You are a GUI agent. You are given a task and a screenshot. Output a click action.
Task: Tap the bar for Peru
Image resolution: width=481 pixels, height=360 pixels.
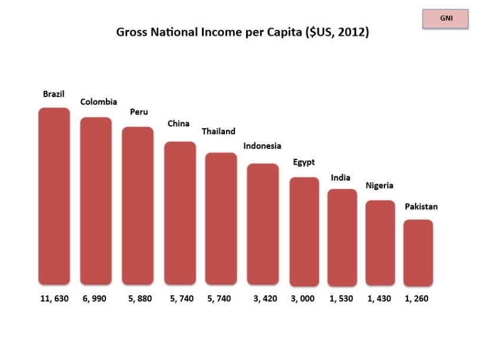tap(138, 205)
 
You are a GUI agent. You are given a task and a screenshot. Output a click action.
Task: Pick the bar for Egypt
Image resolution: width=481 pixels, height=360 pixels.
tap(304, 231)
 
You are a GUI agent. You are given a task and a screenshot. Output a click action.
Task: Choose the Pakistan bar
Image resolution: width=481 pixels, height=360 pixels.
tap(418, 252)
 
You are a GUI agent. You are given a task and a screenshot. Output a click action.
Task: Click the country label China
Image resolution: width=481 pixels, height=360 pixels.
tap(178, 124)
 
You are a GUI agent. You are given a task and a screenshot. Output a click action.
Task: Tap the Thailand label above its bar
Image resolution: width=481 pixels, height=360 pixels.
tap(218, 131)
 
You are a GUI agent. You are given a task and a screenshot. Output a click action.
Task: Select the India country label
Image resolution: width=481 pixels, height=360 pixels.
tap(340, 178)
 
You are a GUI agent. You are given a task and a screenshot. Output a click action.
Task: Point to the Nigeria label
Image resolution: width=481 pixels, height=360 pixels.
tap(379, 186)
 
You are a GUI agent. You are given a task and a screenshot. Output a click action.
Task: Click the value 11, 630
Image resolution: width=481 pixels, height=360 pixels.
tap(54, 299)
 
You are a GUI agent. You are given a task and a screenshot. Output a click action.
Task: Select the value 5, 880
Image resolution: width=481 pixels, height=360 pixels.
tap(140, 299)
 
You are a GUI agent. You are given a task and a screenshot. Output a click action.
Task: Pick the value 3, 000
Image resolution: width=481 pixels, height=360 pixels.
tap(303, 299)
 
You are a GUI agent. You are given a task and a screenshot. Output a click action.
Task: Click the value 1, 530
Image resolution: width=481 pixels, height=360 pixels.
tap(341, 299)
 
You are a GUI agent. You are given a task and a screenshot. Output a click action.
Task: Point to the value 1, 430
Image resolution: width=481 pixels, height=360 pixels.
tap(379, 299)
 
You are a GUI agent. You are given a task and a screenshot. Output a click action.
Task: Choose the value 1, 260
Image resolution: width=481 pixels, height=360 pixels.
tap(416, 299)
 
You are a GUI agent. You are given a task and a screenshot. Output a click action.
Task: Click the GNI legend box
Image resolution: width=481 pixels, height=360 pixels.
tap(446, 19)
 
